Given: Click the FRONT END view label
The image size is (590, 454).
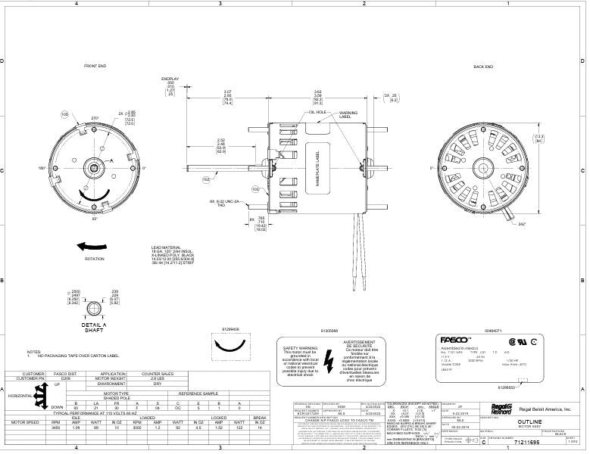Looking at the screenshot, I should pos(95,67).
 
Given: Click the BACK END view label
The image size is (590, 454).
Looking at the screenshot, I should pos(483,67).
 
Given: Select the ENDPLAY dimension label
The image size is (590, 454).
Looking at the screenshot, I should pos(170,78).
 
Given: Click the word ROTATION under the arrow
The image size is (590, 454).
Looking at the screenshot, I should pos(95,259).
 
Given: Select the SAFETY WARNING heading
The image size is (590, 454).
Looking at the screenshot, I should pos(301,347).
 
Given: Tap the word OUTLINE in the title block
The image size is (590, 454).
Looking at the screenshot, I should pos(529,419).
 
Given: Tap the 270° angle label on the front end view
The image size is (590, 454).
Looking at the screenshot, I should pos(95,119).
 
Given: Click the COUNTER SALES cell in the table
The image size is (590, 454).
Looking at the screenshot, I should pos(158,374).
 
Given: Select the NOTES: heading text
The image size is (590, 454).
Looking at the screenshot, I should pos(33,352).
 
